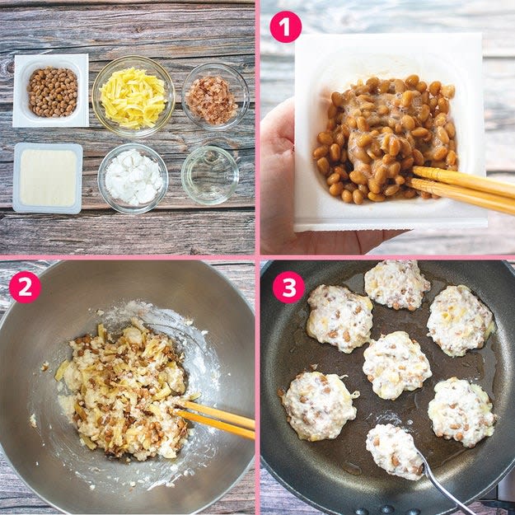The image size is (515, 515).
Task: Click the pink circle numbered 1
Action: click(285, 27)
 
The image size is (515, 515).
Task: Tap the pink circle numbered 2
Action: click(25, 287)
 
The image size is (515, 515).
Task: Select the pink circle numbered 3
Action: click(288, 287)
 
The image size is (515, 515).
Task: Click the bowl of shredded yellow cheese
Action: click(133, 96)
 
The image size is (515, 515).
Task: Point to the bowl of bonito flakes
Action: click(215, 96)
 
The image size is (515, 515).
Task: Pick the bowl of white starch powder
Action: click(133, 178)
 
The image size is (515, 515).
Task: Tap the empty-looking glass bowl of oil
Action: click(210, 175)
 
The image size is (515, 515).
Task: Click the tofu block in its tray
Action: click(48, 178)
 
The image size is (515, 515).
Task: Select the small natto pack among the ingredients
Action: click(51, 91)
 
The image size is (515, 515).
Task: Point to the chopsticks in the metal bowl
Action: click(213, 419)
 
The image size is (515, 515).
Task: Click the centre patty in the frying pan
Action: click(397, 365)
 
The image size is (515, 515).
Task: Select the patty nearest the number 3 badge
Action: click(340, 318)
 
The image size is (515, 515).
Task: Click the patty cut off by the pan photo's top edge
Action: click(397, 284)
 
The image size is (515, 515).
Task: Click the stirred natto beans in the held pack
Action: click(384, 138)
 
